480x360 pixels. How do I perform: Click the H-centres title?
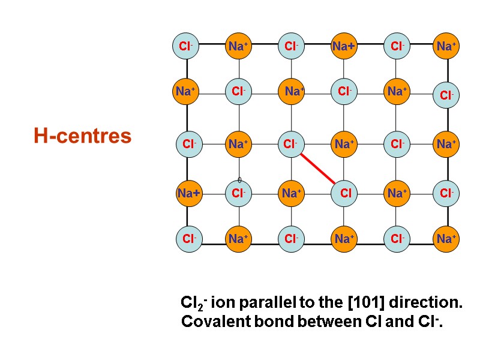[83, 136]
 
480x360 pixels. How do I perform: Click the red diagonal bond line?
[317, 169]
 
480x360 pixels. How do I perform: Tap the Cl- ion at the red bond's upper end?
[291, 144]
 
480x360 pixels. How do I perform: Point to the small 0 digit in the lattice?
[239, 180]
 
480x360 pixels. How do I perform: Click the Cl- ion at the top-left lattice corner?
[186, 46]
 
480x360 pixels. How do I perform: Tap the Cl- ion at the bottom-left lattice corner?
[190, 239]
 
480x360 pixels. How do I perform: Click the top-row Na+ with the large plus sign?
[344, 46]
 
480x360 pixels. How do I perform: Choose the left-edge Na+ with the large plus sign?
[189, 193]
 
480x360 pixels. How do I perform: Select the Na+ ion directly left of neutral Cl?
[291, 193]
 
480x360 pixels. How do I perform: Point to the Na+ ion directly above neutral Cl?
[344, 144]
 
